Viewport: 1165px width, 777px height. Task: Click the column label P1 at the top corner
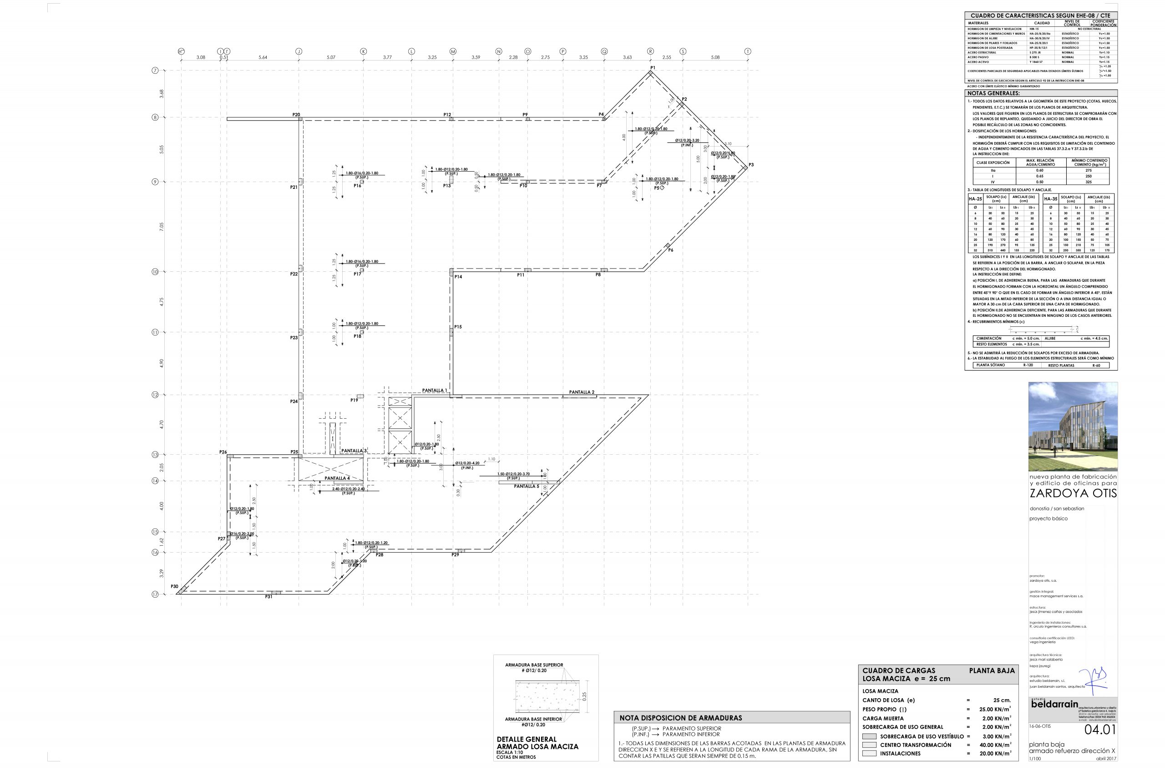click(653, 67)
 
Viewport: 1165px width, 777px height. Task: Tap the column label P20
click(296, 114)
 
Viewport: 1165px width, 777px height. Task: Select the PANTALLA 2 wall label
click(582, 392)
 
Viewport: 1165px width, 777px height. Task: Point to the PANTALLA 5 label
click(526, 486)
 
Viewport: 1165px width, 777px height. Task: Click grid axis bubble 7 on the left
click(155, 71)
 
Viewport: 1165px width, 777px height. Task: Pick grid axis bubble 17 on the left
click(155, 594)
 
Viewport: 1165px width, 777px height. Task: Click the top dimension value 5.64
click(263, 57)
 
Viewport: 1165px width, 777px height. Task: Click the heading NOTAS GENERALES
click(993, 93)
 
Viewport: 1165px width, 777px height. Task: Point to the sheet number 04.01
click(1100, 729)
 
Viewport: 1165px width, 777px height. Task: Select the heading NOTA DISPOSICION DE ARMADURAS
click(681, 717)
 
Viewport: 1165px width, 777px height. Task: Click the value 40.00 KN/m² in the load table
click(993, 745)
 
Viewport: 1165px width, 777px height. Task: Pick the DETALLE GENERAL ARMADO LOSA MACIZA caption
click(537, 743)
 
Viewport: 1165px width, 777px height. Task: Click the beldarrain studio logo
click(1054, 704)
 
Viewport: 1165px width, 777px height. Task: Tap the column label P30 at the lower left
click(174, 586)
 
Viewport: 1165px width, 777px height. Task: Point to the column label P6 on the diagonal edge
click(671, 250)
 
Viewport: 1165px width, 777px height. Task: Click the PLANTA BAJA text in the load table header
click(992, 670)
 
